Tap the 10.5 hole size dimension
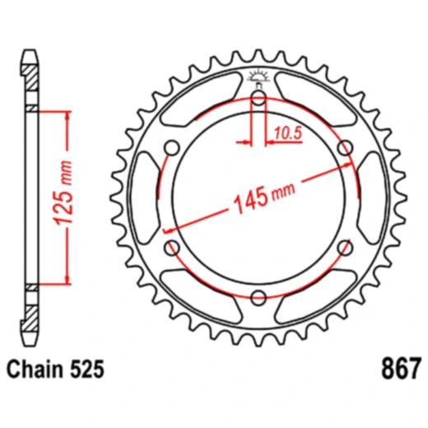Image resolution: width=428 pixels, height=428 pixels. [284, 131]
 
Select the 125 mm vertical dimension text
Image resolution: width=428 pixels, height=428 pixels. [75, 198]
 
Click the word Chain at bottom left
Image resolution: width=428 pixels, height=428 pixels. [34, 370]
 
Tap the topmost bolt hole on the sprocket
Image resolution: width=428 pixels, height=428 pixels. [258, 100]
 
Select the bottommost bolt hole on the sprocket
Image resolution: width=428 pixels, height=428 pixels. [258, 297]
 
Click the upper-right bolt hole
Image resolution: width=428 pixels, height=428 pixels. [344, 148]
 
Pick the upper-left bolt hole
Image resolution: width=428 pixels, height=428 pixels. [173, 148]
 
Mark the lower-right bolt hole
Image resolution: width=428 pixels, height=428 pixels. [344, 248]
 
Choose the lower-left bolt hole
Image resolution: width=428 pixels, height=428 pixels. [173, 248]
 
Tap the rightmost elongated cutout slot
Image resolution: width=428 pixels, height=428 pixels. [367, 198]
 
